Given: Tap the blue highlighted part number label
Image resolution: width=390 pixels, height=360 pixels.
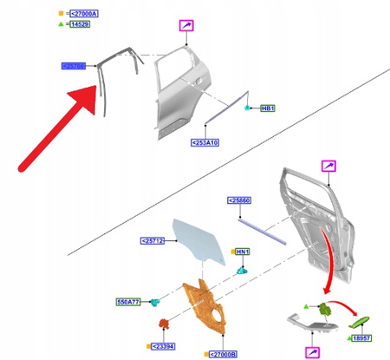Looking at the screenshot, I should [x=72, y=66].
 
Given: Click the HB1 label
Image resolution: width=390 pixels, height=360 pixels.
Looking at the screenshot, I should [x=267, y=108].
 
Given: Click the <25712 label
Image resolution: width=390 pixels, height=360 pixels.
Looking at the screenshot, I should [x=153, y=240].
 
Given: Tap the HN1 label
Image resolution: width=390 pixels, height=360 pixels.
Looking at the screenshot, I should [x=244, y=252].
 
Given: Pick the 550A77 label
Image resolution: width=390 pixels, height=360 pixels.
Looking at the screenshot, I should [x=129, y=303].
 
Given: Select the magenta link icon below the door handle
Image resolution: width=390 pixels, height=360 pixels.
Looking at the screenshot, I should [x=308, y=352].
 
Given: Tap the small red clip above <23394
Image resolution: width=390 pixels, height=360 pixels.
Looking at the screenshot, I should [x=161, y=325].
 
